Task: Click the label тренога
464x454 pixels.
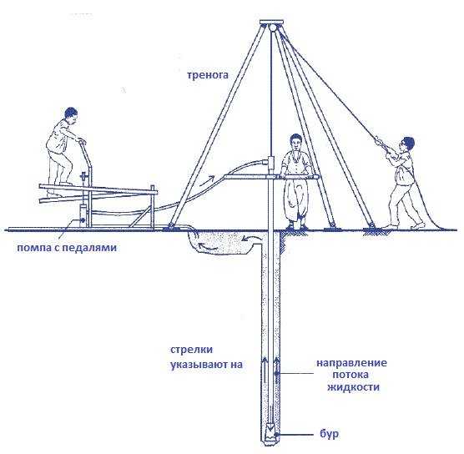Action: tap(208, 75)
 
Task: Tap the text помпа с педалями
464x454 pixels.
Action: tap(67, 247)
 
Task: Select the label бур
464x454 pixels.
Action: tap(330, 435)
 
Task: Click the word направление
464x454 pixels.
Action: tap(352, 363)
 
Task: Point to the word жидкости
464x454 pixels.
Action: tap(353, 386)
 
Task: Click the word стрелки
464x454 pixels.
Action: tap(191, 350)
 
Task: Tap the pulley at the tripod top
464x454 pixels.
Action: tap(272, 28)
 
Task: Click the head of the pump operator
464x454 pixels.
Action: tap(71, 114)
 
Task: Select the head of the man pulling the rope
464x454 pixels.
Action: tap(407, 144)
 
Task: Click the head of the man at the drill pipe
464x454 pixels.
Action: tap(295, 142)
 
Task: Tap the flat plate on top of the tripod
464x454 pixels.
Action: tap(272, 23)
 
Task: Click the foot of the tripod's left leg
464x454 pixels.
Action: tap(171, 226)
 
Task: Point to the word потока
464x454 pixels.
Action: tap(351, 375)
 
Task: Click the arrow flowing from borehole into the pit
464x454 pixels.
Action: tap(250, 238)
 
